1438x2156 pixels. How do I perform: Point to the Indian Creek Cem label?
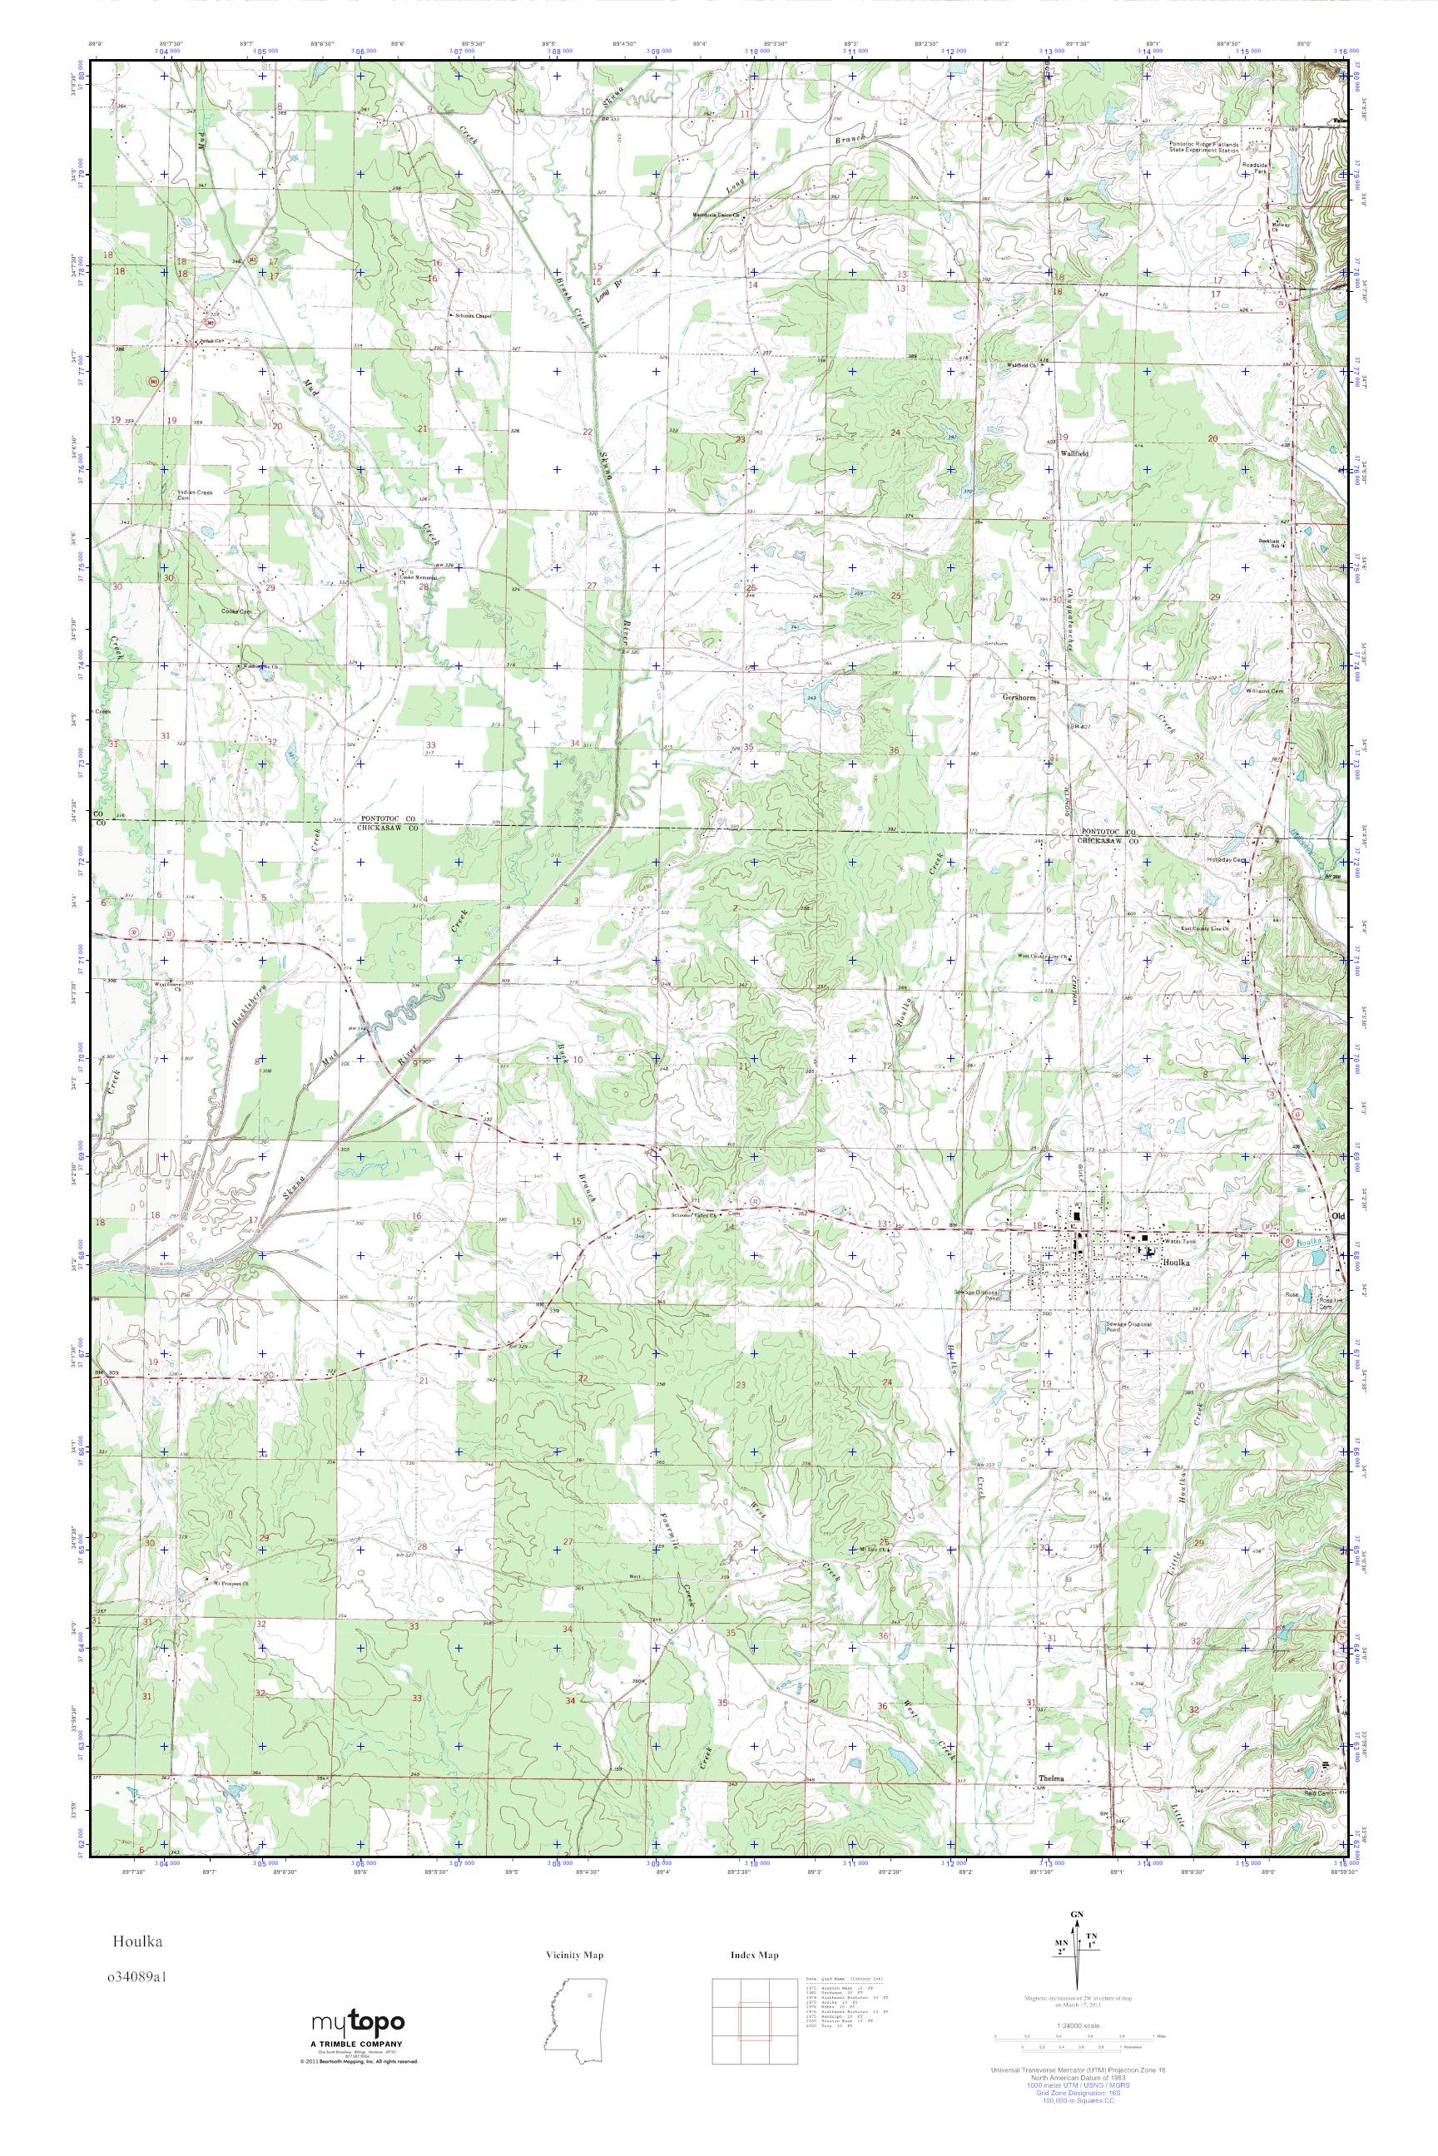[196, 495]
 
